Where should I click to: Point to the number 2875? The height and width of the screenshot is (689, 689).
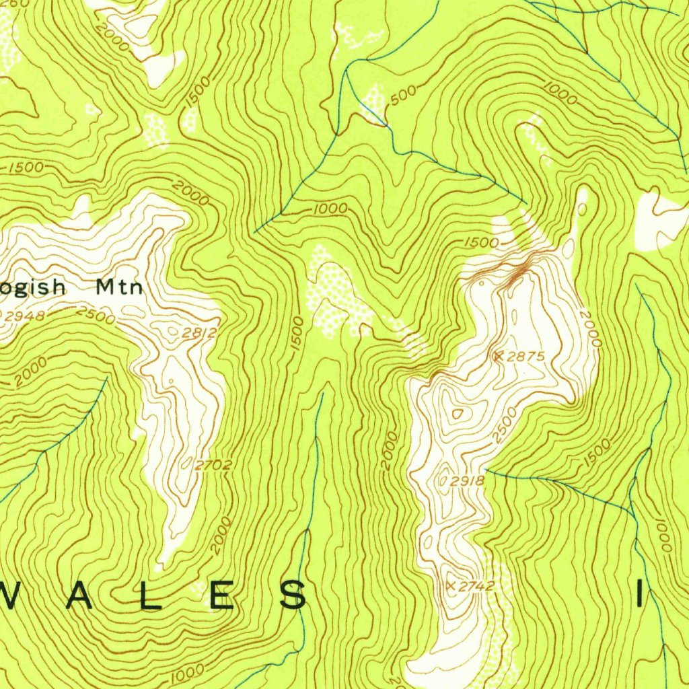(525, 357)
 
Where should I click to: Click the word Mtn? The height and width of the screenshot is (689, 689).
(119, 287)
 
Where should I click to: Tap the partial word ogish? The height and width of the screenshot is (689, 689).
(34, 289)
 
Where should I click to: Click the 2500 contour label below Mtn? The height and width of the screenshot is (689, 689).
(96, 314)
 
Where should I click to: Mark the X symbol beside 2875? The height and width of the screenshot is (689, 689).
(499, 356)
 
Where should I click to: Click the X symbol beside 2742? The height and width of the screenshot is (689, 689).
(450, 586)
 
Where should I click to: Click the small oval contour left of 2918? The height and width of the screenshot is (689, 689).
(444, 480)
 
